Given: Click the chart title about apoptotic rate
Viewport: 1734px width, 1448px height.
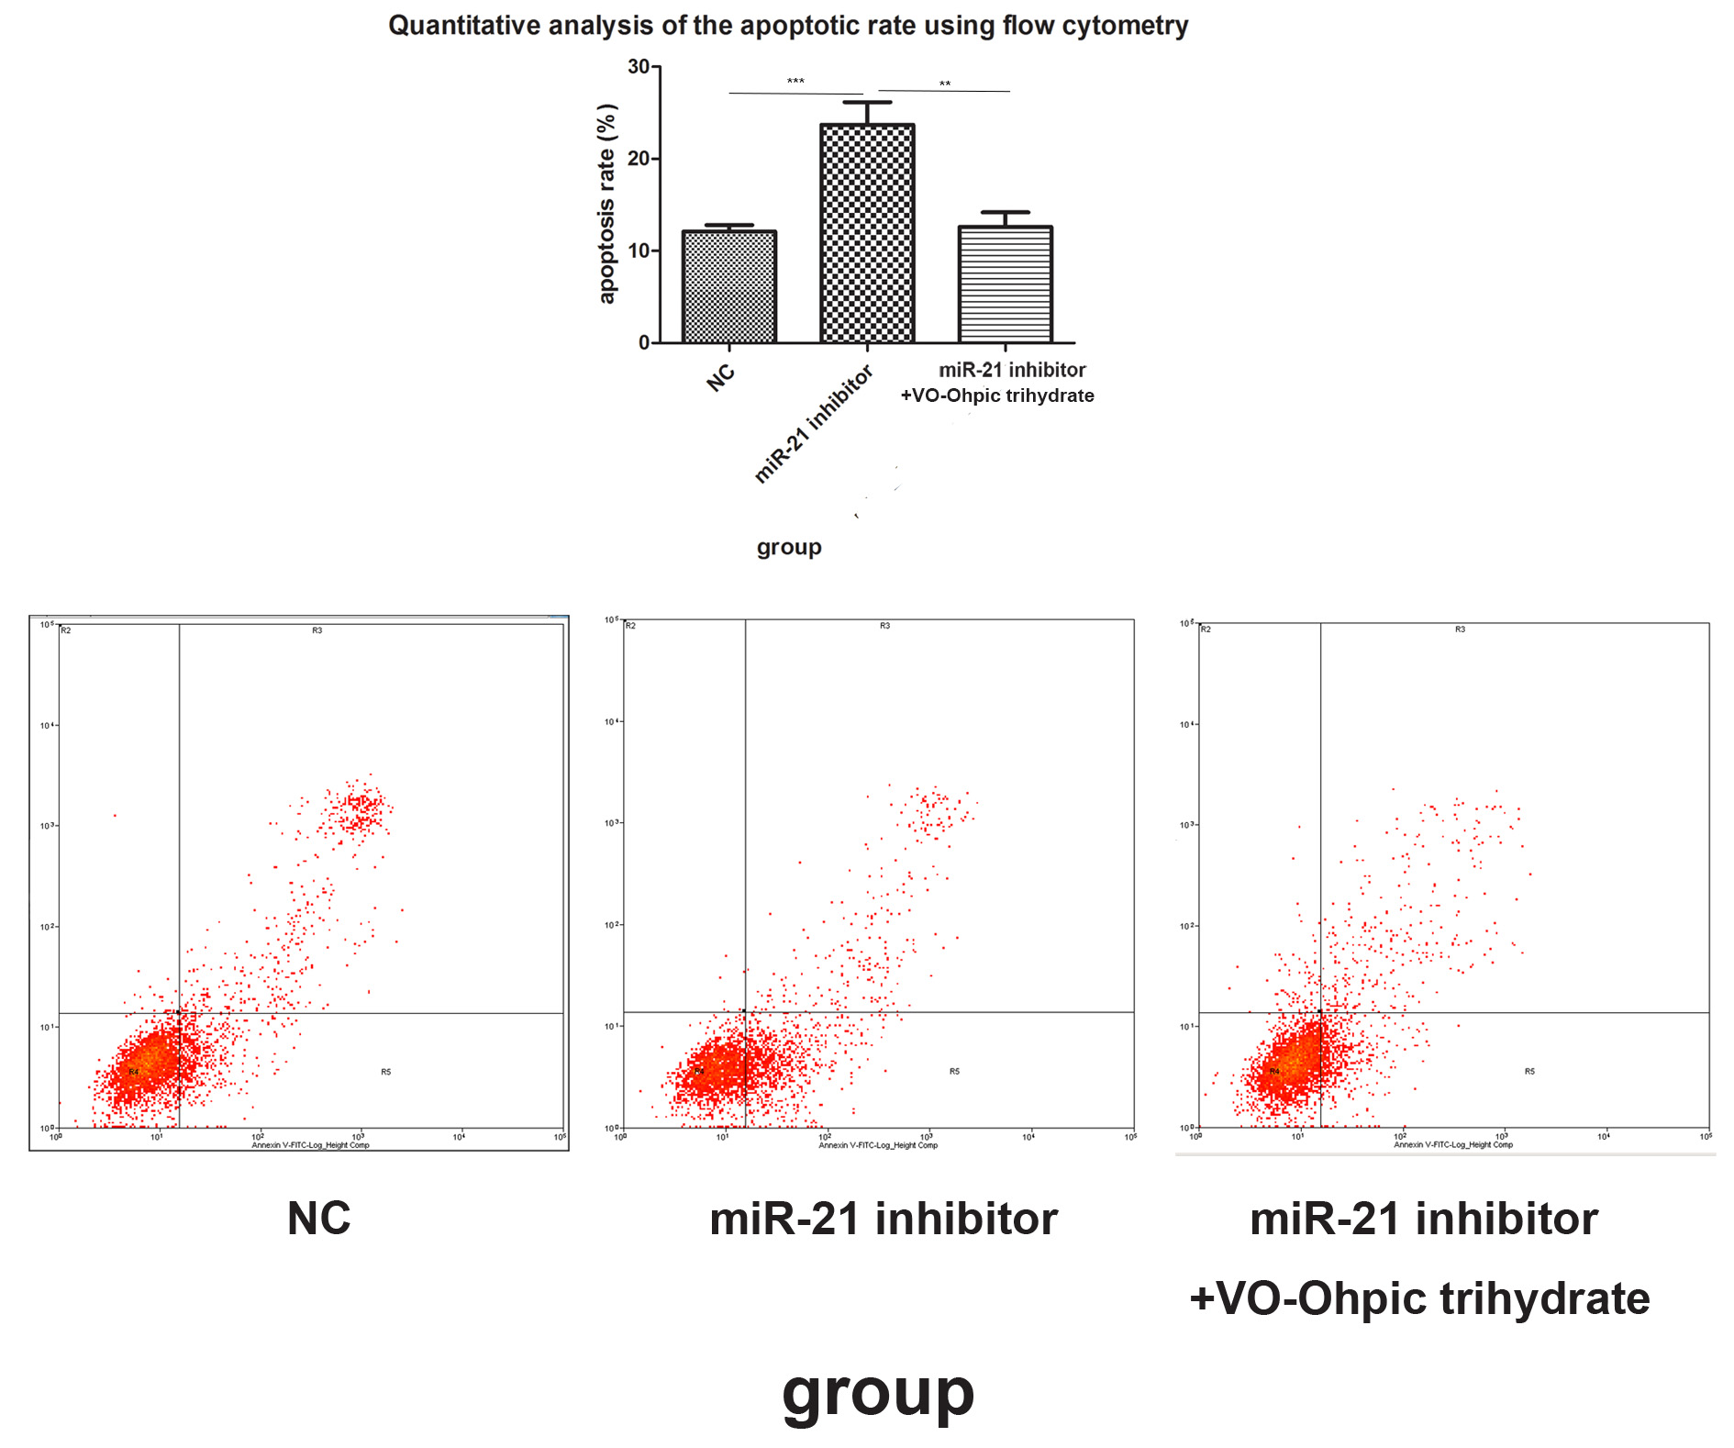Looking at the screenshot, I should pos(787,26).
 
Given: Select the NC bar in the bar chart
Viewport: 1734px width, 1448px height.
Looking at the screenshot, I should pos(729,286).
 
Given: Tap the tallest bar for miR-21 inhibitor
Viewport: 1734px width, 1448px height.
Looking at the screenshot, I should pos(867,234).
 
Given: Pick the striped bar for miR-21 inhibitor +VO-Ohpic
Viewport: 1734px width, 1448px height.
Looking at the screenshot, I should pos(1005,284).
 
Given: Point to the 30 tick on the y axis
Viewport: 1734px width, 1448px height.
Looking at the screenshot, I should pos(639,67).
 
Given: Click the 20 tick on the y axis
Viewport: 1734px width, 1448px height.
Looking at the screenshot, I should pos(639,159).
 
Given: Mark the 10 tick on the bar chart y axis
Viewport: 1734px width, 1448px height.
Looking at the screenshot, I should pos(639,251).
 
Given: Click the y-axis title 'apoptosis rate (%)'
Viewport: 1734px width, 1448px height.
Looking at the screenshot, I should pos(606,204).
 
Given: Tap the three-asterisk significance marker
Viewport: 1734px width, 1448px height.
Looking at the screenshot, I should pos(795,83).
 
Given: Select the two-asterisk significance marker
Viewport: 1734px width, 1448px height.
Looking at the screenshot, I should pos(944,85).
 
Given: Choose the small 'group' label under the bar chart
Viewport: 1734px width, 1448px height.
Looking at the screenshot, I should pos(789,548).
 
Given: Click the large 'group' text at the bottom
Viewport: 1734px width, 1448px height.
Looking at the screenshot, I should pos(878,1394).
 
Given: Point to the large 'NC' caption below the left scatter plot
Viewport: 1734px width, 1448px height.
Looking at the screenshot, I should pos(318,1219).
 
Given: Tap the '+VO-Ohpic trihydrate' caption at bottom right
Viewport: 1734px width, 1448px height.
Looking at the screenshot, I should pos(1419,1298).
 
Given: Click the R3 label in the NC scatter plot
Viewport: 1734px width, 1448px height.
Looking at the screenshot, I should pos(317,631).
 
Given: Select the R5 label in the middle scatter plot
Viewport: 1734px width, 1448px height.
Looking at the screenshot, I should pos(954,1072).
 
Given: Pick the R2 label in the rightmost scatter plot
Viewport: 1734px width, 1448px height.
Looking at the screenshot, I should pos(1206,629).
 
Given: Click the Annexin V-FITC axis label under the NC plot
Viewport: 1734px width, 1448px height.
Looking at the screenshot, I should pos(310,1145).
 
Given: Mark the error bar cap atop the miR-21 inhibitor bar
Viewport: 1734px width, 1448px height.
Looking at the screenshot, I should pos(867,103).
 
